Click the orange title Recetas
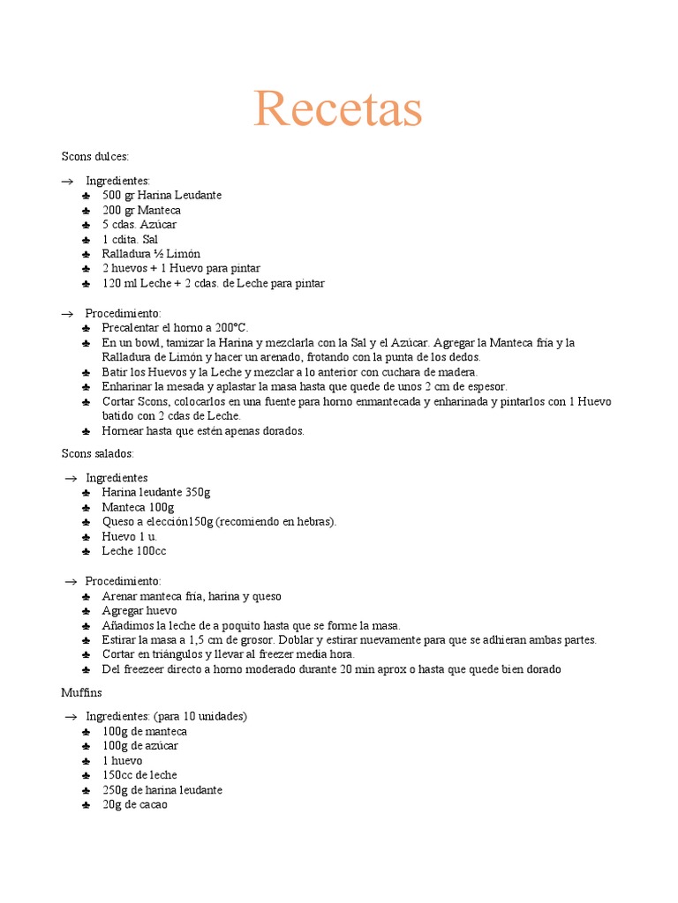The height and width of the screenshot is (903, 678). coord(338,108)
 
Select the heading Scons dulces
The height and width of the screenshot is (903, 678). coord(95,156)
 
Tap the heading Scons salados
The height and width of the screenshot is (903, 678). coord(97,453)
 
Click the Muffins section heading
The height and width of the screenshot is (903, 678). coord(82,692)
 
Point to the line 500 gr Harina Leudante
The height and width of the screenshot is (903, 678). coord(162,195)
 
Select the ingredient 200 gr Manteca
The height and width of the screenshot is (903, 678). coord(141,210)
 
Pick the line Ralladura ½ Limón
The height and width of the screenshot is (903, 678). coord(151,254)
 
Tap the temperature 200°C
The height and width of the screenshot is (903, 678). coord(232,327)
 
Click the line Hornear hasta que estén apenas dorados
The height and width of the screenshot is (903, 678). coord(203,431)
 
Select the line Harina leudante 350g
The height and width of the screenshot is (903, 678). coord(155,492)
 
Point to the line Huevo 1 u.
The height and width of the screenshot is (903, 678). coord(129,536)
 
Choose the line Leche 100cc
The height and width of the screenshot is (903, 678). coord(134,551)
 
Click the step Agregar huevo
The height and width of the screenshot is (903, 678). coord(139,610)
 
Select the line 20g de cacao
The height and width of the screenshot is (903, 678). coord(134,804)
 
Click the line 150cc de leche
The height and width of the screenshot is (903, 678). coord(139,775)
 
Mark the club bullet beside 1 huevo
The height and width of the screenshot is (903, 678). coord(86,761)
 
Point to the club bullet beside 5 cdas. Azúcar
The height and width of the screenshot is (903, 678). coord(86,225)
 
